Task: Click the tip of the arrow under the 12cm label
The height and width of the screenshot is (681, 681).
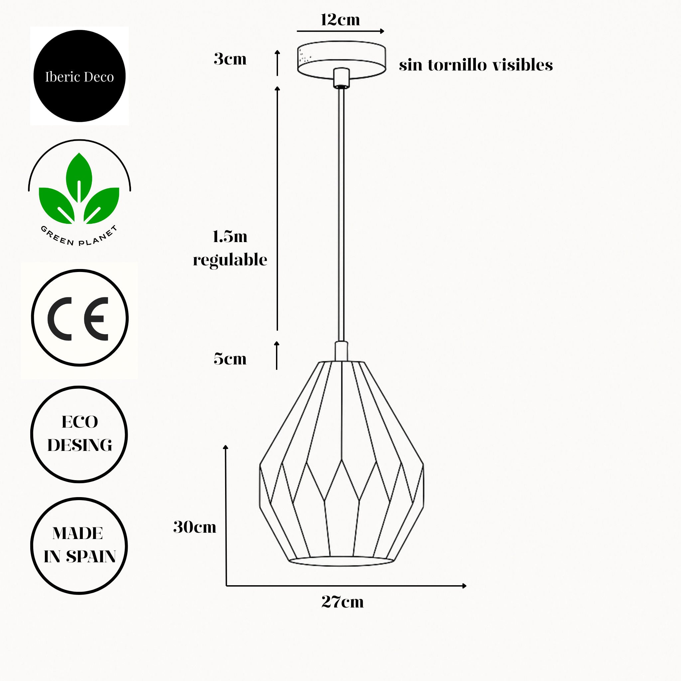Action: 384,31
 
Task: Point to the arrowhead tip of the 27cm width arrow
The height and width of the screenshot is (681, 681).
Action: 466,586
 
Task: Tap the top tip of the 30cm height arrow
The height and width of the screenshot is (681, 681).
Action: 226,445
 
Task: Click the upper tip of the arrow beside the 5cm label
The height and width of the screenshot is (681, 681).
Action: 277,341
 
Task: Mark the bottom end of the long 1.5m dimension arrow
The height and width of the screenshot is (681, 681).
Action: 277,330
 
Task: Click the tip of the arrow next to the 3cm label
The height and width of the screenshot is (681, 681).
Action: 277,51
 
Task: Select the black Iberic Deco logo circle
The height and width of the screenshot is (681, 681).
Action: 79,76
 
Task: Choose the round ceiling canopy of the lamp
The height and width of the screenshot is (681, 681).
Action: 341,60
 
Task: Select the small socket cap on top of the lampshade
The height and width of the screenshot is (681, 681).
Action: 341,351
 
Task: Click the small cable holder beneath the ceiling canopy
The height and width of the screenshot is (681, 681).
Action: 341,77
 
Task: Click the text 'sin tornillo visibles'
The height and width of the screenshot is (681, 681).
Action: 476,65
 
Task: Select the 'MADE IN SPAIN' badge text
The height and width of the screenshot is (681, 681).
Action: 80,545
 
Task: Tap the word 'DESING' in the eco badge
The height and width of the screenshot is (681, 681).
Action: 80,445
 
